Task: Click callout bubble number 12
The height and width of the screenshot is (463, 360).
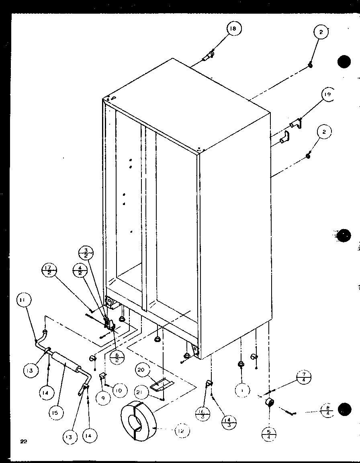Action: [x=182, y=431]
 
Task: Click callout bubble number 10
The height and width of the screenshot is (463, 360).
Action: [x=120, y=390]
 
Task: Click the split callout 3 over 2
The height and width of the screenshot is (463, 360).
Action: [x=86, y=255]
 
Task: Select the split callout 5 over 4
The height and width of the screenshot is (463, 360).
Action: [x=268, y=434]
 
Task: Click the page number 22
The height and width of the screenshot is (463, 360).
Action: [x=24, y=442]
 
